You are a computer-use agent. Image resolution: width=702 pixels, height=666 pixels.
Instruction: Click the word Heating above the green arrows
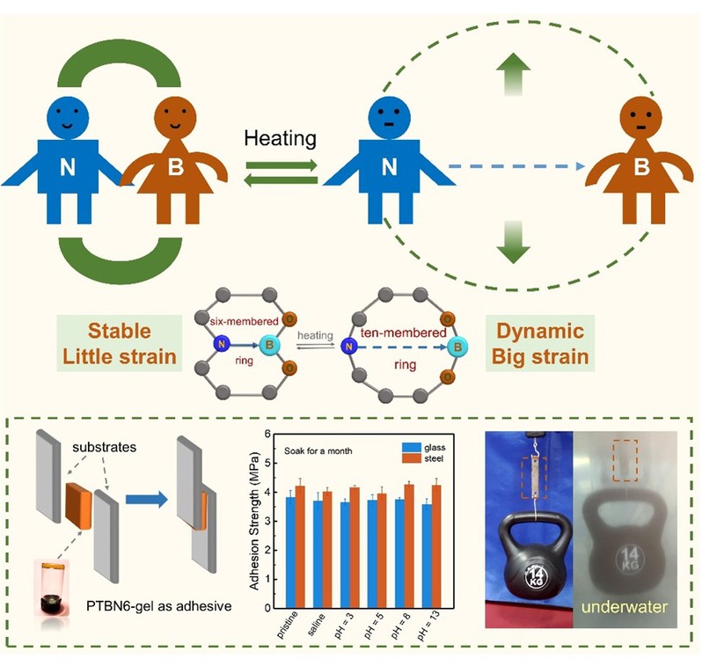280,139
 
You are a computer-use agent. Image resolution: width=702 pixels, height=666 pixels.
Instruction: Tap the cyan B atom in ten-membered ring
457,347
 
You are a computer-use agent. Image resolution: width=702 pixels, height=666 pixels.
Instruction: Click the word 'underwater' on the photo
631,606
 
